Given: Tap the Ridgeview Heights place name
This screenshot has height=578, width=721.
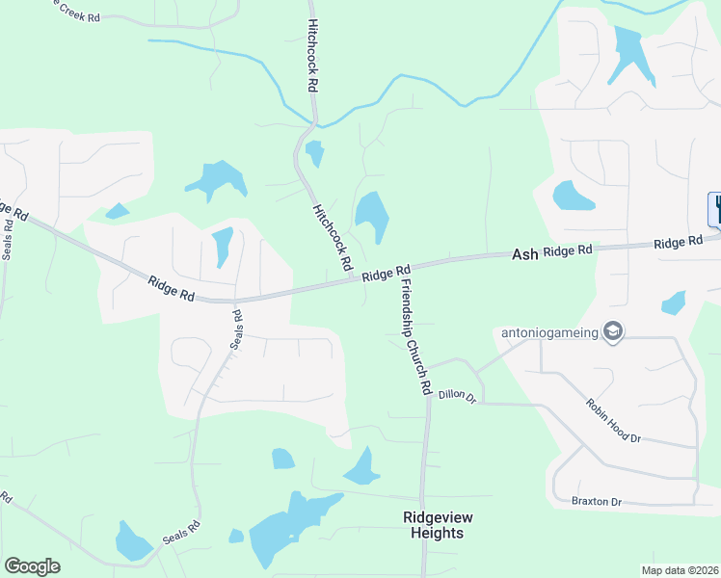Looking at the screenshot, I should coord(433,525).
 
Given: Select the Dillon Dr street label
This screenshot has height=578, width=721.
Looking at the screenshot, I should coord(457,395).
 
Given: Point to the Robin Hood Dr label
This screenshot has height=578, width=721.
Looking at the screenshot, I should coord(613,420).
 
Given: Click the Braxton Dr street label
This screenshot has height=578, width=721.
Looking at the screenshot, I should coord(596,502).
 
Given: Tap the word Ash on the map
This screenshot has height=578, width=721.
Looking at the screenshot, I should coord(524,254).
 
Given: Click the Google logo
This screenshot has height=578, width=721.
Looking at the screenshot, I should coord(32,566).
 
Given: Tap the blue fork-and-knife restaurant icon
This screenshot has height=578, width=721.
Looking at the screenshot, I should coord(715,208).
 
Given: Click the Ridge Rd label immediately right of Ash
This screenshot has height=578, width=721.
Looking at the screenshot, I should coord(567,251).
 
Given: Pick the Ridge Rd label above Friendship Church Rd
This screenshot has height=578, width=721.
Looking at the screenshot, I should coord(387,274).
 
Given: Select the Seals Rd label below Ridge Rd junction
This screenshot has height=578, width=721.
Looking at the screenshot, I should coord(236,329).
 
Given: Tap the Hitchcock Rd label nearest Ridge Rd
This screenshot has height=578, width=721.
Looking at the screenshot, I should coord(329,236).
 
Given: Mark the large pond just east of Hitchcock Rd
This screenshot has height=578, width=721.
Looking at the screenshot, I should coord(372,217).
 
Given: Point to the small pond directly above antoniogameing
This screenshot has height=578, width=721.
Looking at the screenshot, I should coord(674,303).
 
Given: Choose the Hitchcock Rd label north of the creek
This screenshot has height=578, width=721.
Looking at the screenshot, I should coord(313,56).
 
